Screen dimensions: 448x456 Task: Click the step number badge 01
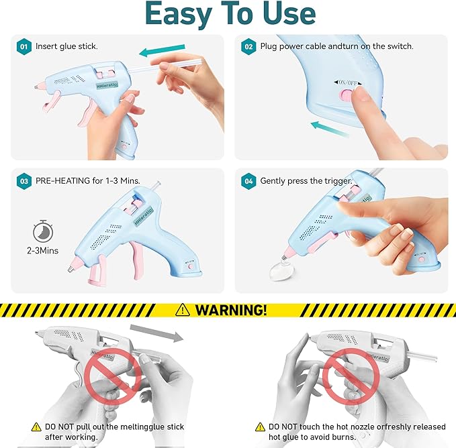pos(24,48)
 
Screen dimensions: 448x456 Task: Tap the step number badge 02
pos(248,48)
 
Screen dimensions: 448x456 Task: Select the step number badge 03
pos(24,181)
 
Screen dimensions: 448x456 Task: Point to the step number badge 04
pos(248,181)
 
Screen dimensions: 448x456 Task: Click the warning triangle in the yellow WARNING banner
pos(182,310)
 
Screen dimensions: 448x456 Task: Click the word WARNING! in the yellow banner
pos(231,310)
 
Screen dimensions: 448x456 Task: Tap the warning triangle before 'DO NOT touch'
pos(261,427)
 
